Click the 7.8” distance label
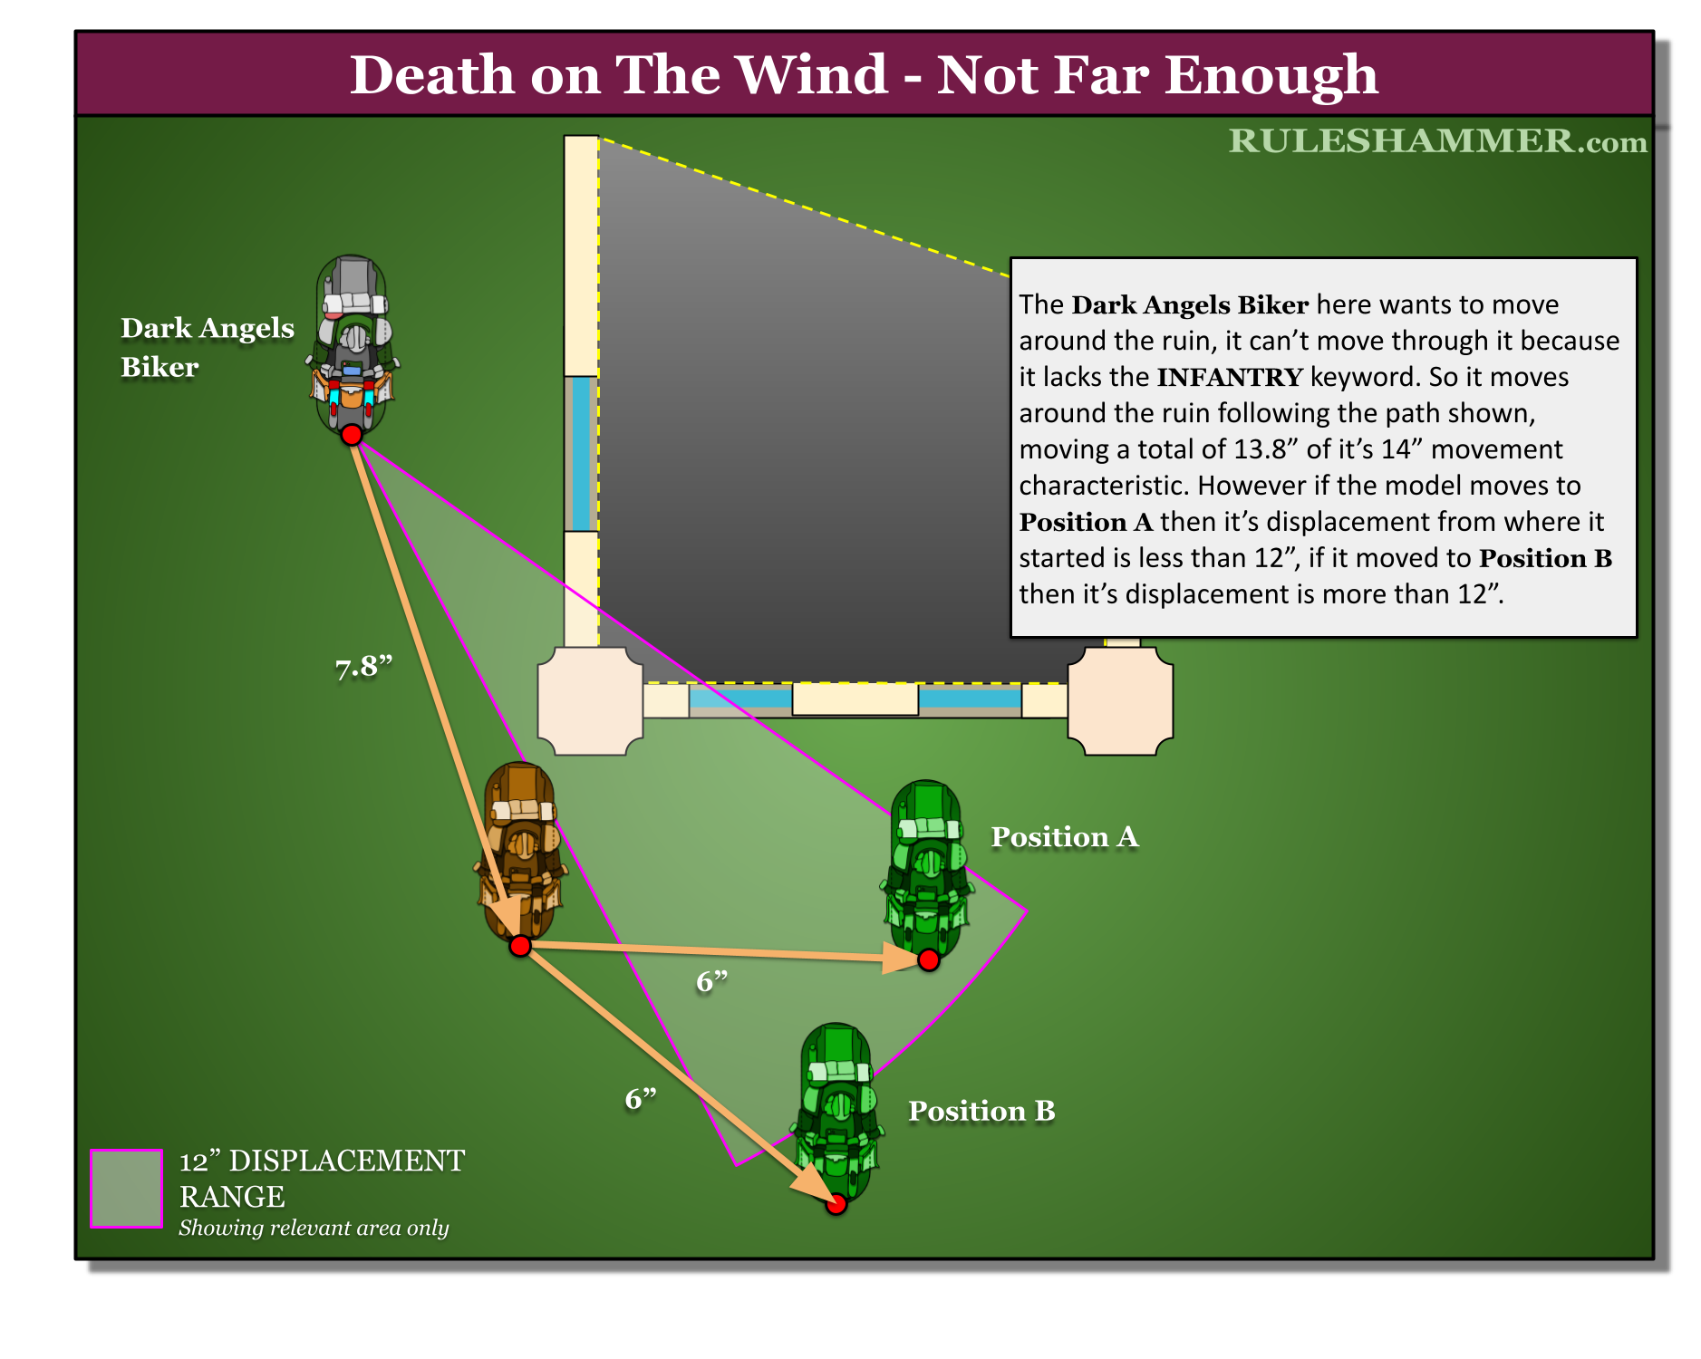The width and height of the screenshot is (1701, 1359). (x=363, y=668)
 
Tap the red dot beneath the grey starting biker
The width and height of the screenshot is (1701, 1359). (x=352, y=435)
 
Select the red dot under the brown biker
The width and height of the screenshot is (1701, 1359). (x=519, y=946)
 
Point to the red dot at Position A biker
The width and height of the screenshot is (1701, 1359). (x=929, y=960)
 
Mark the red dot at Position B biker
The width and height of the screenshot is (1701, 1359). (x=836, y=1204)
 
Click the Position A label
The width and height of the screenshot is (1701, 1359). (x=1064, y=836)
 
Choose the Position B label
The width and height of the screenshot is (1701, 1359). (x=981, y=1111)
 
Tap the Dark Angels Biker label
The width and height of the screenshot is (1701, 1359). (x=207, y=347)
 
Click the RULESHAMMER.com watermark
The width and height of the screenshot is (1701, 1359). (x=1437, y=141)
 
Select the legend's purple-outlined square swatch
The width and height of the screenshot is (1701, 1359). (x=126, y=1188)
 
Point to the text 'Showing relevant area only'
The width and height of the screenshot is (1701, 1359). (x=314, y=1228)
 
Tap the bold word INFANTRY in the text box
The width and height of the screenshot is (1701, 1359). (x=1230, y=377)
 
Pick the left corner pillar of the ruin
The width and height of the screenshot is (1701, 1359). (x=590, y=700)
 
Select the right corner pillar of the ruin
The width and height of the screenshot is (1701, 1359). (x=1120, y=700)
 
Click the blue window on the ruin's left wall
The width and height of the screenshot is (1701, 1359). (x=580, y=453)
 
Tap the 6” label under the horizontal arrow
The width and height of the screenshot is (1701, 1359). (x=712, y=982)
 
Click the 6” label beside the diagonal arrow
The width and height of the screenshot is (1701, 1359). (x=641, y=1099)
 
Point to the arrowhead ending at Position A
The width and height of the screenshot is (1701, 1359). (x=902, y=957)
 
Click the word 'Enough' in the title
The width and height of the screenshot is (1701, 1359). (x=1271, y=74)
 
